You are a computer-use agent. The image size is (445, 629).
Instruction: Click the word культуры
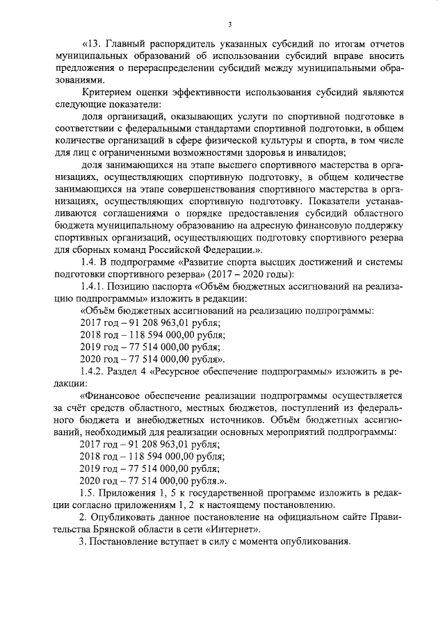(268, 139)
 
